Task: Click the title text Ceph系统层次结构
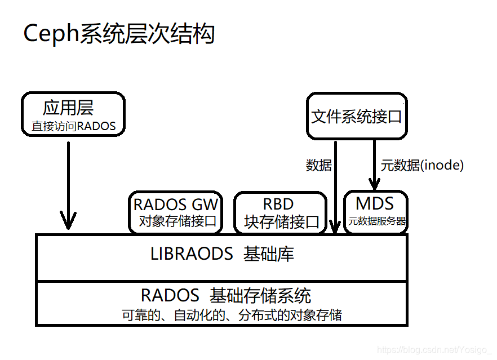(119, 34)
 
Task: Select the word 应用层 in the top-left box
(68, 108)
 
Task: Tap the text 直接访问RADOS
(73, 126)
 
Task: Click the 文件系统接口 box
(357, 117)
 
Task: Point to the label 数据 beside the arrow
(318, 165)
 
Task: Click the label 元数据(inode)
(422, 165)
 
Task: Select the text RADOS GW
(175, 204)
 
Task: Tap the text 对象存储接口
(177, 221)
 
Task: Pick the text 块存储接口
(282, 221)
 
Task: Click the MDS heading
(375, 203)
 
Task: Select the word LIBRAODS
(192, 254)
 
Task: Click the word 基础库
(269, 254)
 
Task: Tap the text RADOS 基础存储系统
(225, 295)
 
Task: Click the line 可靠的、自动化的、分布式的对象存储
(232, 314)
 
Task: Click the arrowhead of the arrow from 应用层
(68, 222)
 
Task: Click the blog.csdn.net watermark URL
(434, 350)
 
